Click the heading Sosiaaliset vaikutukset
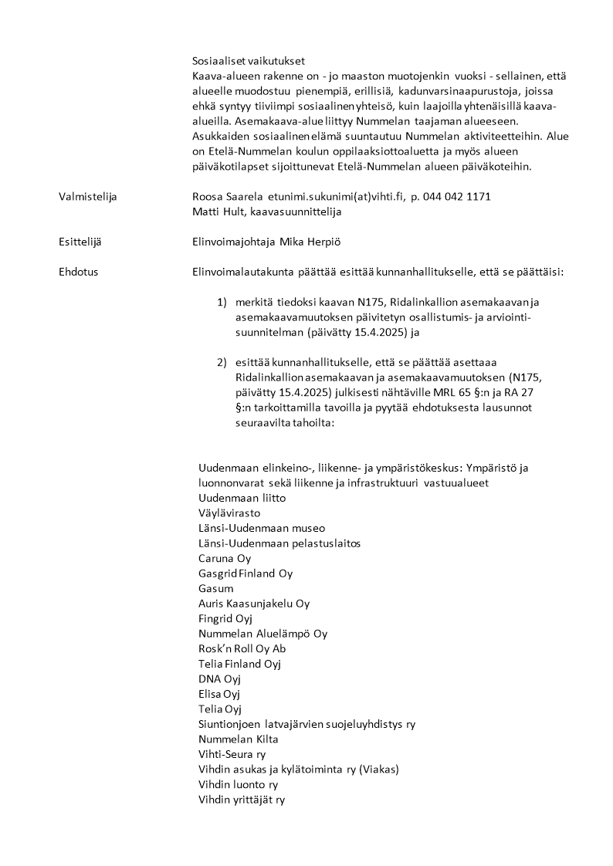point(249,61)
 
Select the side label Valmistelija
point(87,197)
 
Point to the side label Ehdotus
point(78,272)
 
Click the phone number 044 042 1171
point(457,197)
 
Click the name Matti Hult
point(218,211)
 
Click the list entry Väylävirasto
point(229,512)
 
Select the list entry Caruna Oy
point(225,558)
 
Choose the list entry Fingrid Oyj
point(226,618)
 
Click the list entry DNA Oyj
point(220,678)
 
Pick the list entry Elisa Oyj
point(220,694)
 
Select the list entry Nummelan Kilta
point(239,739)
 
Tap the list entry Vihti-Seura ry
point(232,754)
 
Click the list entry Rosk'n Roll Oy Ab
point(242,648)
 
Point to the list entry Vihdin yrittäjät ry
point(242,800)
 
